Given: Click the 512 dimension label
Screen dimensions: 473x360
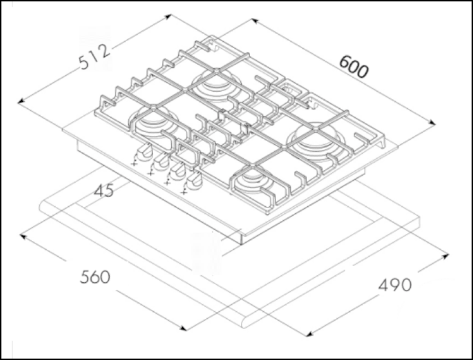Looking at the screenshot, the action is pyautogui.click(x=95, y=57).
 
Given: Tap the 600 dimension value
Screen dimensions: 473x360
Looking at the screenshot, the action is pyautogui.click(x=353, y=67).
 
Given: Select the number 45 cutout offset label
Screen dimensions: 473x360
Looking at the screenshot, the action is pyautogui.click(x=104, y=191).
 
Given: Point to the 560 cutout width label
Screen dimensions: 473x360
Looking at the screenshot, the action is pyautogui.click(x=95, y=278).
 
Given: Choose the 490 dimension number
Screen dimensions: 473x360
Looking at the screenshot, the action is pyautogui.click(x=395, y=285).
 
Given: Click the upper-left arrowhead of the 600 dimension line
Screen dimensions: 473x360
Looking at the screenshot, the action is pyautogui.click(x=254, y=21).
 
